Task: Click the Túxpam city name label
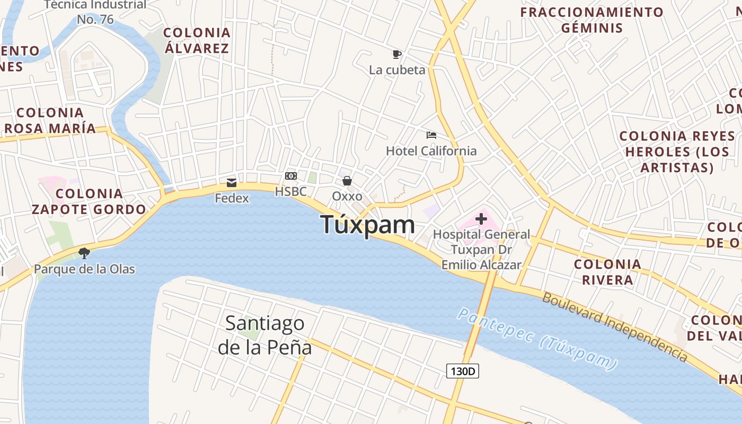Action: [368, 225]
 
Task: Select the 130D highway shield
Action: [462, 371]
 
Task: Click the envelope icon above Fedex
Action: [232, 183]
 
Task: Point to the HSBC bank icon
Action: [290, 176]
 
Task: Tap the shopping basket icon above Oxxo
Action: [347, 181]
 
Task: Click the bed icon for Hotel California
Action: [431, 135]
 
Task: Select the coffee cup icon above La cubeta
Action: [396, 54]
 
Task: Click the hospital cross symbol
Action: [481, 218]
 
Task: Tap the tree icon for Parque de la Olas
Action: [84, 253]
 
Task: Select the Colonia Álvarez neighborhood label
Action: [197, 41]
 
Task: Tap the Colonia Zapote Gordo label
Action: [89, 201]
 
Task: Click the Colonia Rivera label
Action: [607, 272]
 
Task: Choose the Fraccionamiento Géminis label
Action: [591, 20]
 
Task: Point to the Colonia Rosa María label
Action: [50, 120]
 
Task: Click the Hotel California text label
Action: [431, 151]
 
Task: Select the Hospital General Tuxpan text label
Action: [481, 249]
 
